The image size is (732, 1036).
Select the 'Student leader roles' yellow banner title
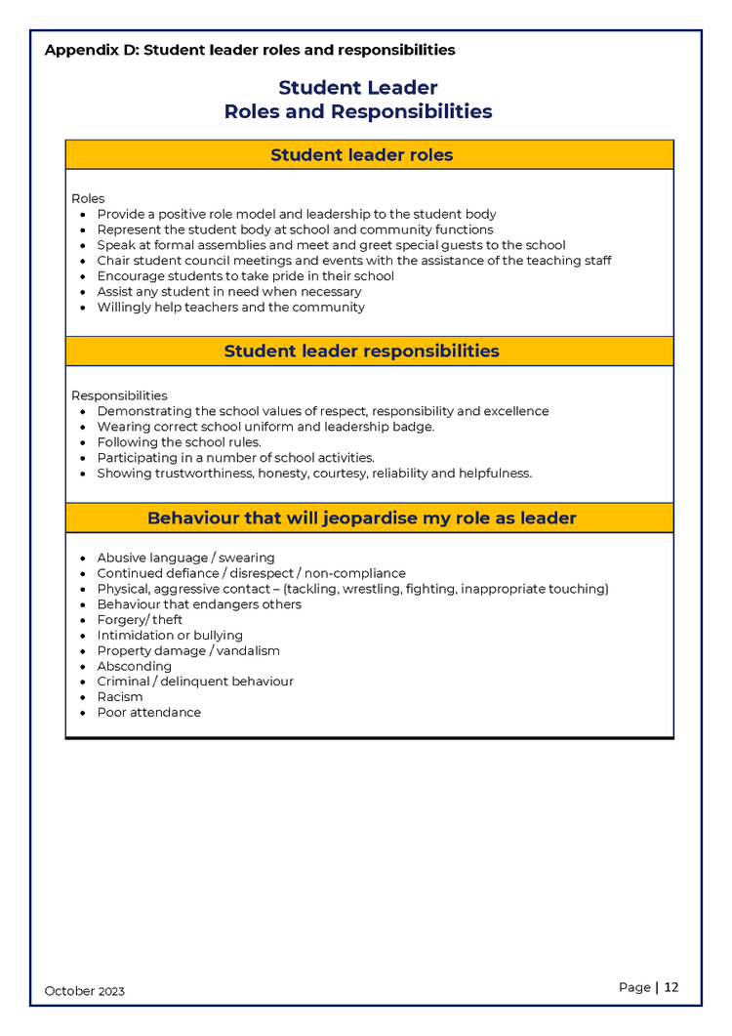[x=362, y=155]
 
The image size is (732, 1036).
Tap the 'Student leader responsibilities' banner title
[x=362, y=352]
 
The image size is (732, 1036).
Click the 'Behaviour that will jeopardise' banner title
[x=362, y=518]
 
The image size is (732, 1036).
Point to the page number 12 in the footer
[x=671, y=987]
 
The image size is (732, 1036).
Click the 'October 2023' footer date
[x=85, y=991]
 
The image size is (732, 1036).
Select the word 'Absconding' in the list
[x=135, y=666]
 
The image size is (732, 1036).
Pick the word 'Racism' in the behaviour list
[x=120, y=697]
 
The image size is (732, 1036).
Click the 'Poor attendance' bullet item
[x=149, y=713]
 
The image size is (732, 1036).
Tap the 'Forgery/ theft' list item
[x=140, y=620]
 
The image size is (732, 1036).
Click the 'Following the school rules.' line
[x=179, y=442]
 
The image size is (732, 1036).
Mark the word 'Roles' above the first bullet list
[x=88, y=198]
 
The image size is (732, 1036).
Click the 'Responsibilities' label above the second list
[x=119, y=395]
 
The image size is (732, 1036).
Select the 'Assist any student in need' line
[x=229, y=292]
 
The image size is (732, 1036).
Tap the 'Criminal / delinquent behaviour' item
[x=195, y=682]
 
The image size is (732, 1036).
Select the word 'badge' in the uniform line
[x=415, y=427]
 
